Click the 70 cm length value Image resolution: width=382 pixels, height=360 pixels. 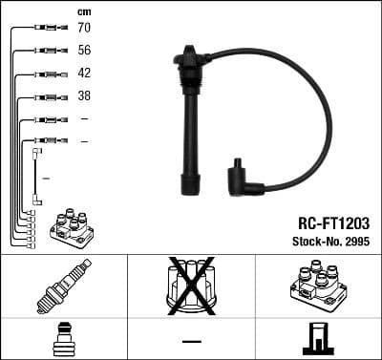tap(83, 28)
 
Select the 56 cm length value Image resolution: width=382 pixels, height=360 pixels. tap(83, 51)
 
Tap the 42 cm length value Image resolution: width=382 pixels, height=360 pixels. tap(83, 74)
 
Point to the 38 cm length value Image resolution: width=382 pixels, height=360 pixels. tap(83, 96)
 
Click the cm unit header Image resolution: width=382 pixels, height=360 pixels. tap(83, 11)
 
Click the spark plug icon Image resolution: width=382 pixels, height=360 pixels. tap(64, 287)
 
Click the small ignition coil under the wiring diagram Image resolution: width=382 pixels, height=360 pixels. tap(71, 228)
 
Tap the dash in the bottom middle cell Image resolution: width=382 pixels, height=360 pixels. tap(190, 340)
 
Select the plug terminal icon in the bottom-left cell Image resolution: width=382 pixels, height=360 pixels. tap(63, 340)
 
